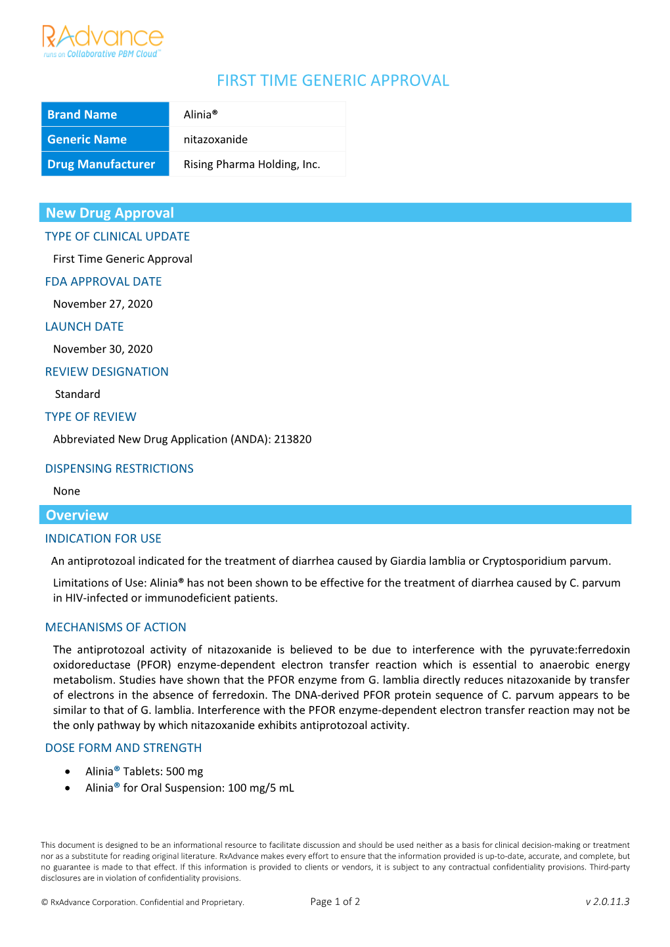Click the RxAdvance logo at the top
(x=102, y=41)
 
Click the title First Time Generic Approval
(x=333, y=81)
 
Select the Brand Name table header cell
(x=105, y=114)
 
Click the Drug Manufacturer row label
(x=105, y=164)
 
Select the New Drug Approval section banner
(x=335, y=213)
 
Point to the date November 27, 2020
(x=103, y=304)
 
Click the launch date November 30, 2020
(x=103, y=349)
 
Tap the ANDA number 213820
(x=292, y=439)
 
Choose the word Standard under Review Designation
(x=78, y=394)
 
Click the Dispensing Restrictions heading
(x=119, y=469)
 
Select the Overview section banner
(x=335, y=515)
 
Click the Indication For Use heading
(x=103, y=539)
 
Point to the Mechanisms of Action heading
(x=116, y=627)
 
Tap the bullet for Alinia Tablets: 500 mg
(x=68, y=772)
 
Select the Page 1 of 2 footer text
(x=335, y=902)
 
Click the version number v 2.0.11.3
(x=607, y=902)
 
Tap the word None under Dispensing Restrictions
(x=66, y=491)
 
